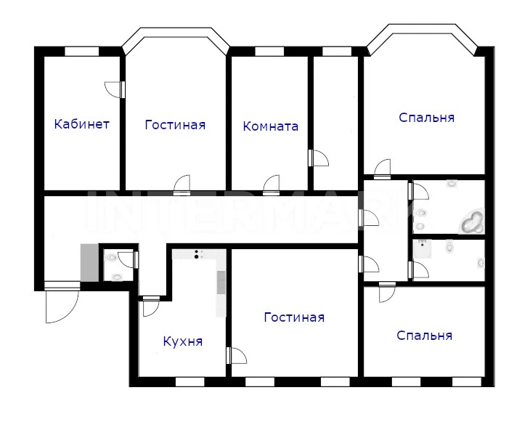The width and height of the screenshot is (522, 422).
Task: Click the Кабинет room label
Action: click(81, 124)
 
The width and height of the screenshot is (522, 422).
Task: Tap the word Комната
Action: click(271, 126)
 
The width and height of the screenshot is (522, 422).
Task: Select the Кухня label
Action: click(183, 341)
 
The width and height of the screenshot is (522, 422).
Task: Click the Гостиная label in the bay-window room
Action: click(175, 125)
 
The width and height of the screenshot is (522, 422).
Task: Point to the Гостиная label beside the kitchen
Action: click(294, 317)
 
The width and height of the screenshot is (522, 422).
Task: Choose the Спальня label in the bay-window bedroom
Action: click(426, 118)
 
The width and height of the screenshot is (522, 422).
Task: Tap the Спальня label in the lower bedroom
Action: click(425, 336)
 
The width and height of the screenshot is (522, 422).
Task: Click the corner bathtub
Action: click(472, 222)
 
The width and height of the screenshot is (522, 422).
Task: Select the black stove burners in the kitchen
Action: click(197, 254)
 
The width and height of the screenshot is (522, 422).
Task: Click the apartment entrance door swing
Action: click(62, 302)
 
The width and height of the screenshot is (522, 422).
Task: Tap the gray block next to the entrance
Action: click(89, 263)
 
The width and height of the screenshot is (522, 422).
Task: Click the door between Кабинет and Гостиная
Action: click(115, 89)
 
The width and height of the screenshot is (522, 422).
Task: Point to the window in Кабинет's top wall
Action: click(82, 52)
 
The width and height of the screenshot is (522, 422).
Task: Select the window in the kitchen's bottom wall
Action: click(189, 382)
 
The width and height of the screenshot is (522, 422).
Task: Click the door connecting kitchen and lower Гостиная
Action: click(237, 355)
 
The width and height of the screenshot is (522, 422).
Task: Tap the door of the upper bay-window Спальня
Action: click(382, 169)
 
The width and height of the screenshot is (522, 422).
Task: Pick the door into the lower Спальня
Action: click(387, 292)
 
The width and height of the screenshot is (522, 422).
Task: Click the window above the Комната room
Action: click(269, 52)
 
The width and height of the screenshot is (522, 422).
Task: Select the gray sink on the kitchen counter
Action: click(221, 283)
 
